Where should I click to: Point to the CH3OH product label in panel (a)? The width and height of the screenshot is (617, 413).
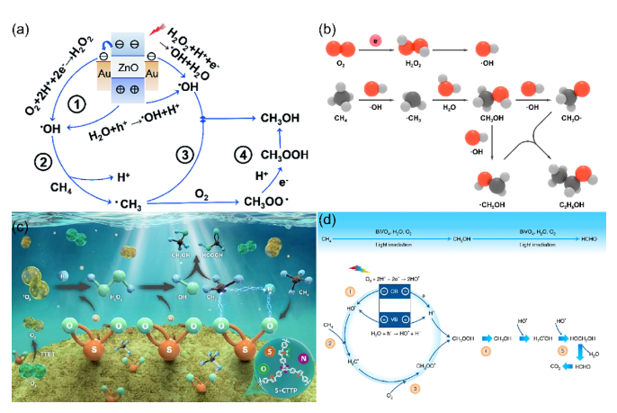tap(281, 117)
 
